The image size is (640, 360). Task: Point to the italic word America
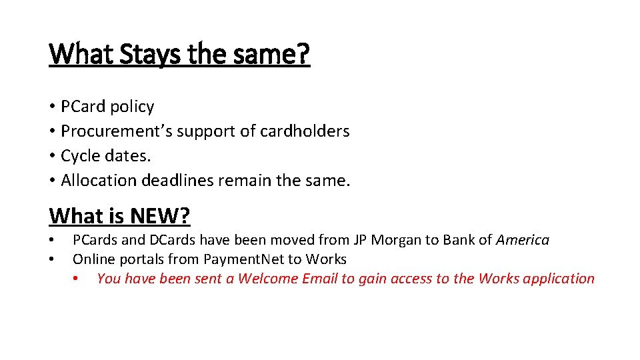tap(523, 240)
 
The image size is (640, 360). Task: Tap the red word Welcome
tap(268, 279)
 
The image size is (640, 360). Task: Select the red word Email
tap(320, 279)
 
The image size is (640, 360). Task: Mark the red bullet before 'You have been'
tap(77, 279)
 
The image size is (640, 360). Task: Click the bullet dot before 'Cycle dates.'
tap(52, 156)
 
